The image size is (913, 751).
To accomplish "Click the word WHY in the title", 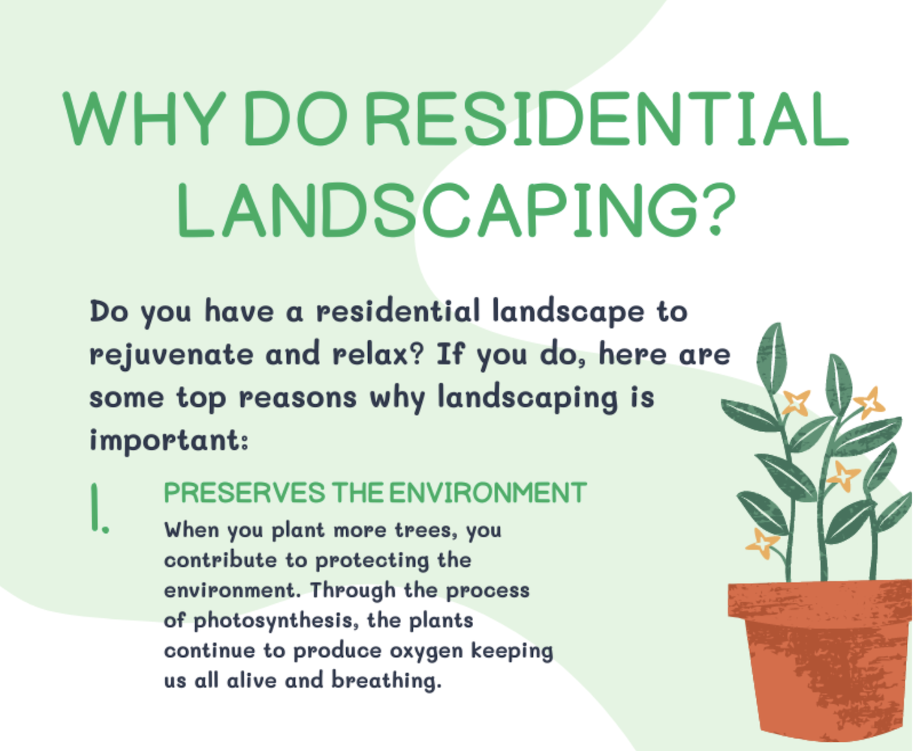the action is coord(144,118).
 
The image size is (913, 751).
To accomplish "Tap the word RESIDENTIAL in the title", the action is coord(607,118).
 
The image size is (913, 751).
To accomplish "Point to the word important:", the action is coord(169,441).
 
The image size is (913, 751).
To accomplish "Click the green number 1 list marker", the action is coord(99,508).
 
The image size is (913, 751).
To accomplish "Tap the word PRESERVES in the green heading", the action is coord(244,493).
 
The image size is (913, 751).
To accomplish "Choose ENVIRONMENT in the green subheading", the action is coord(488,493).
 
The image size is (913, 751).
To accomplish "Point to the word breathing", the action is coord(387,680).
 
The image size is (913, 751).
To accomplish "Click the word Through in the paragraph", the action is coord(353,591).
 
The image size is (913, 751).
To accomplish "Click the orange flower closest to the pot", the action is coord(762,543).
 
